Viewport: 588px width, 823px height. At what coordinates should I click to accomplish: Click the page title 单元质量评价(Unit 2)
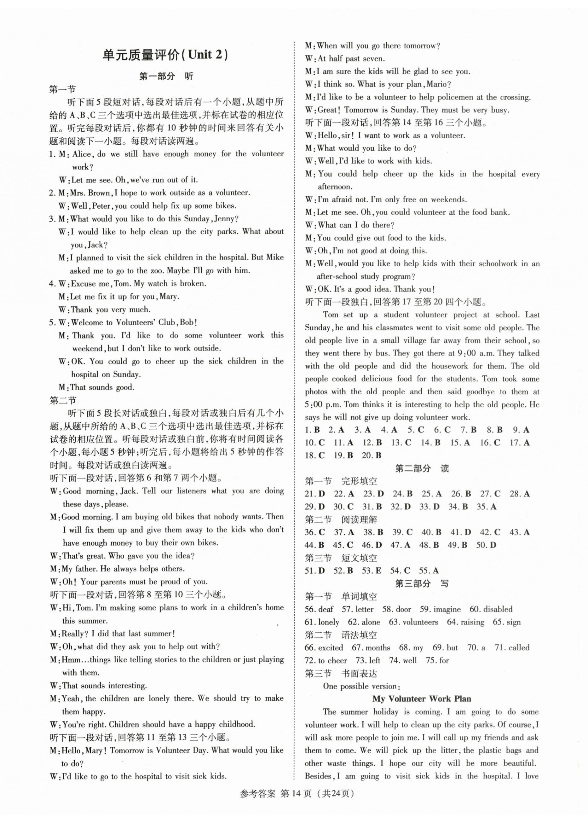coord(166,55)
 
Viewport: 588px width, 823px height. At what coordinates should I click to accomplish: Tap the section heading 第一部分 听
coord(166,76)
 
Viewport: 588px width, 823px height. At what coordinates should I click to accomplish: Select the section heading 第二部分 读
coord(422,468)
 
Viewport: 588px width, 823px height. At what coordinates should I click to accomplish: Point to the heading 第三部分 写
coord(422,584)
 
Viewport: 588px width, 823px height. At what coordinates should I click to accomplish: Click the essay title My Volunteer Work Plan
coord(422,699)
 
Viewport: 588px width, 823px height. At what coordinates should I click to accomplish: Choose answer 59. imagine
coord(440,609)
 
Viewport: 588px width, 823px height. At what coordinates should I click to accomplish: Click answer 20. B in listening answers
coord(372,455)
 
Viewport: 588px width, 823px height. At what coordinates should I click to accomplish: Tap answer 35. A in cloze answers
coord(487,507)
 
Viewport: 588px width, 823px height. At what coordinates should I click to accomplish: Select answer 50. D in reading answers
coord(486,545)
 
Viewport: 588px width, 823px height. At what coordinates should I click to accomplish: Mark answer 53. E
coord(372,571)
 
